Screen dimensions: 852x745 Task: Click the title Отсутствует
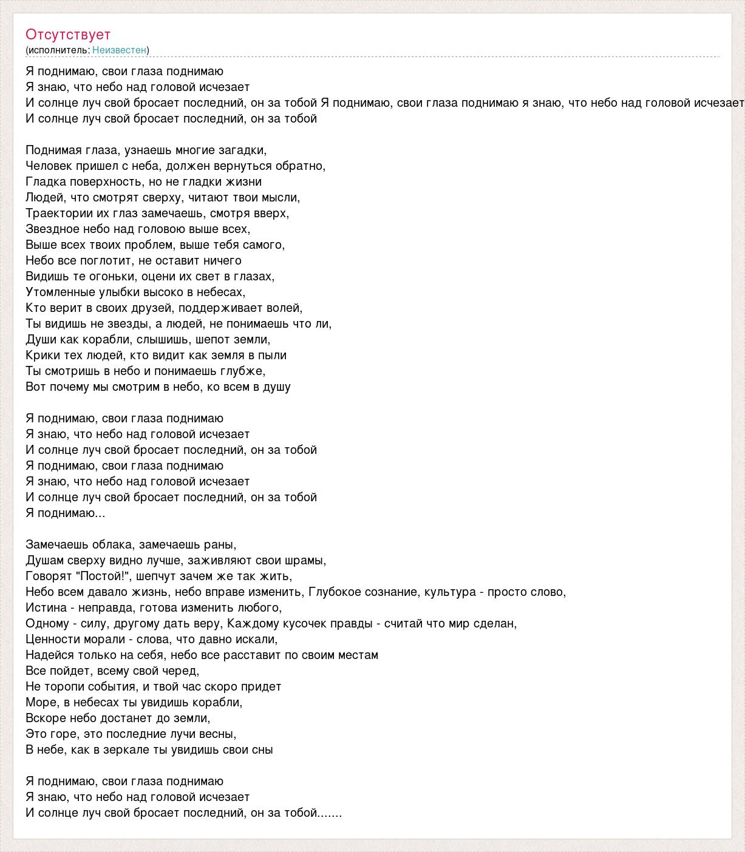click(x=68, y=35)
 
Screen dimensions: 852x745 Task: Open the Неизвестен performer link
click(x=119, y=50)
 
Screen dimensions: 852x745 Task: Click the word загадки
click(x=243, y=150)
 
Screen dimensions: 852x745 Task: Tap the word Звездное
click(x=53, y=229)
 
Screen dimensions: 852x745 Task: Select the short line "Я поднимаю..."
click(x=66, y=513)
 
